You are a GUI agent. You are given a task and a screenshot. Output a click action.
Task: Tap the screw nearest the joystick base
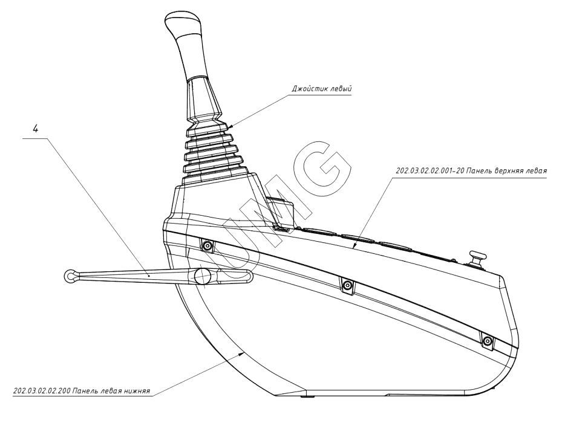207,246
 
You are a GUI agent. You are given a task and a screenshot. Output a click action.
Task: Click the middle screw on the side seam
347,285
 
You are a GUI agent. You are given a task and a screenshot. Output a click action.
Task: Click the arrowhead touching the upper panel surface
355,245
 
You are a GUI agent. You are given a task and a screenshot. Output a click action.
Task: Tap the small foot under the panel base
309,397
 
